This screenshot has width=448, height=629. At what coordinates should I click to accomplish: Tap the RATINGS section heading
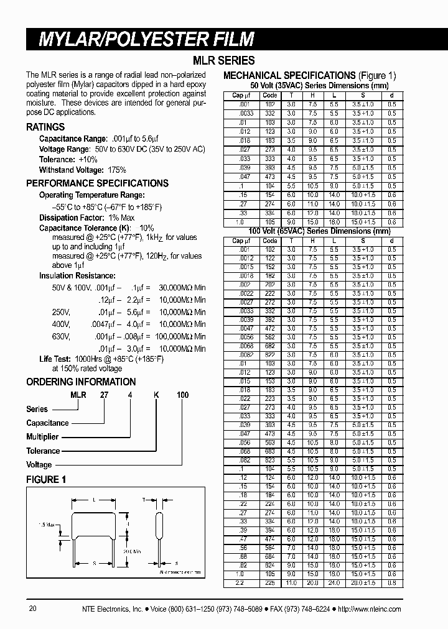point(45,127)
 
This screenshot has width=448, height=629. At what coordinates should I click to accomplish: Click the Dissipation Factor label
point(68,218)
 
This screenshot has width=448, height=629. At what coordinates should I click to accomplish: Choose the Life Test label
point(54,359)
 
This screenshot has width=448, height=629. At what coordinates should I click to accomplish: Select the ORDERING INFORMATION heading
point(81,382)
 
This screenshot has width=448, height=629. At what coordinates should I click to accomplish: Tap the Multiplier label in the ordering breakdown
point(42,437)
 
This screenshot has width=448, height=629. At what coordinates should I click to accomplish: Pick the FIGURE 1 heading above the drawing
point(46,479)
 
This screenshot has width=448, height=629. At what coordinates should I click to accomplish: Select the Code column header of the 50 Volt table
point(270,95)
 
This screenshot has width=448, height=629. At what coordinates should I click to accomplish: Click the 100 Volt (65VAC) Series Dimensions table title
point(311,231)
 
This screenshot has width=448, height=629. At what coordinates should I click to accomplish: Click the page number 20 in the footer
point(34,609)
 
